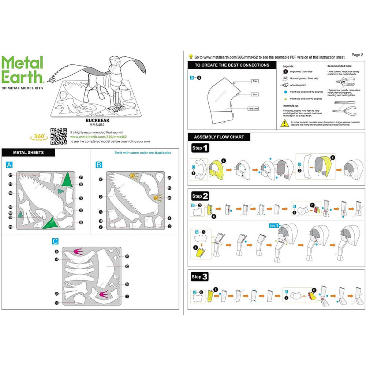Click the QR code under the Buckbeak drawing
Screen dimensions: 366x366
(58, 136)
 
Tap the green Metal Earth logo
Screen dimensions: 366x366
(23, 69)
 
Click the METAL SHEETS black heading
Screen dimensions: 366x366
(28, 153)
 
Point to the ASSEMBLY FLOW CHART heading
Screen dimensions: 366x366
(216, 137)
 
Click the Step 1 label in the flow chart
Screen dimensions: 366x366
(200, 148)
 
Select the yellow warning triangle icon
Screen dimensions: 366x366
(284, 123)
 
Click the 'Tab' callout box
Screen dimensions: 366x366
(254, 81)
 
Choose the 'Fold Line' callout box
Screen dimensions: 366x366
(253, 109)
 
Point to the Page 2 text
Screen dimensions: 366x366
(357, 55)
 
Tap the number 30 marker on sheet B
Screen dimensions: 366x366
(100, 179)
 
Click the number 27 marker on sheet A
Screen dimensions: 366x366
(11, 175)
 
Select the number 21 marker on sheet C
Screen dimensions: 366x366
(57, 251)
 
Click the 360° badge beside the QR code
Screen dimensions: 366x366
(37, 137)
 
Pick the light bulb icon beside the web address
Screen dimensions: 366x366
(191, 57)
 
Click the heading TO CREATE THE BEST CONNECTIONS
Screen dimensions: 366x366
(232, 65)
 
